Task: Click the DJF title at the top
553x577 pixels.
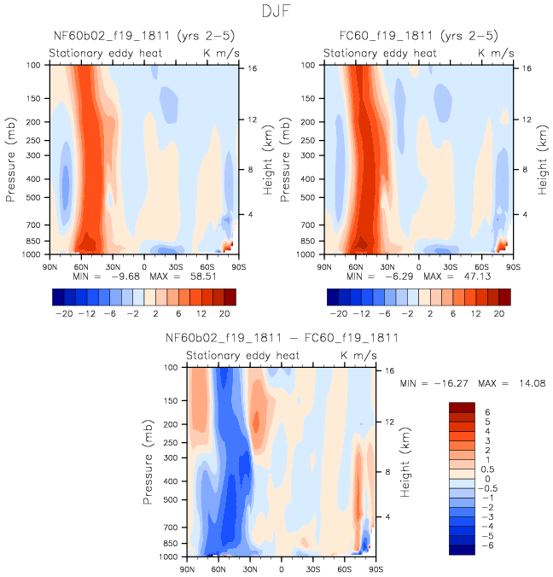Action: [276, 12]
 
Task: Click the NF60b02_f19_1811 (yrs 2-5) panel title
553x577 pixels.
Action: [138, 36]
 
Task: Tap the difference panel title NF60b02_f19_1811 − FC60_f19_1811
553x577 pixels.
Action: [282, 338]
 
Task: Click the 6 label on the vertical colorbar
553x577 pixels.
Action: [486, 411]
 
